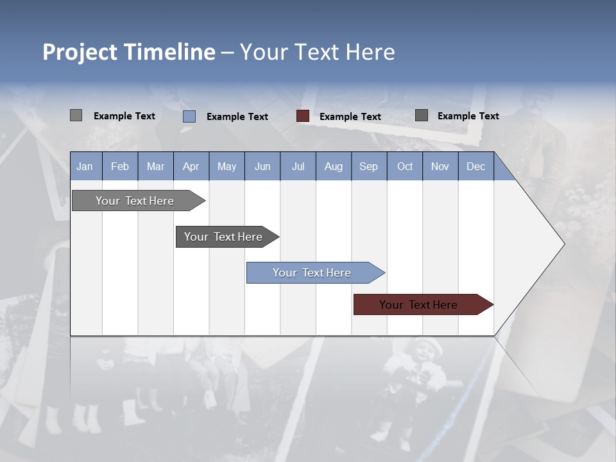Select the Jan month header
click(85, 166)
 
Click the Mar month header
click(155, 166)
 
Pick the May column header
click(227, 166)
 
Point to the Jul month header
click(298, 166)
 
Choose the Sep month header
click(368, 166)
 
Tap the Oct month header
click(405, 166)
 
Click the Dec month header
click(475, 166)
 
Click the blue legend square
click(189, 116)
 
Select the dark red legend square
click(303, 116)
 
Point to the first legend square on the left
click(76, 116)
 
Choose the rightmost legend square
click(422, 116)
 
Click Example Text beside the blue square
click(237, 117)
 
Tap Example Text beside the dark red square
click(350, 117)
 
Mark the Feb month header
click(120, 166)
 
